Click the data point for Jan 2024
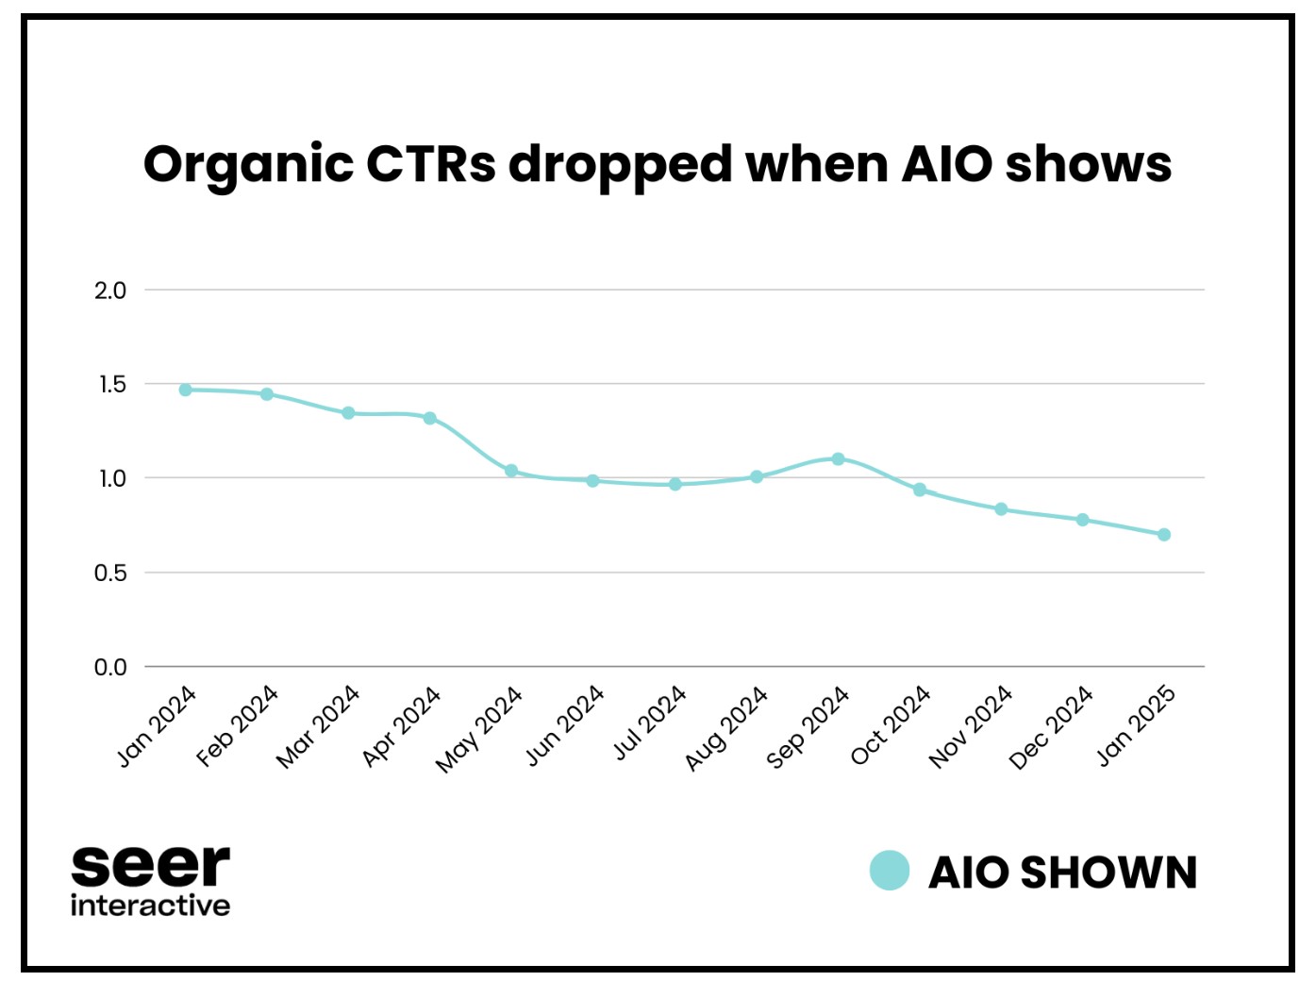pos(186,390)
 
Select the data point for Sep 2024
pos(838,459)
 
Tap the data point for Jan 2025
pos(1164,535)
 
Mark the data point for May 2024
pos(511,471)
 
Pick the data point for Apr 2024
pos(430,418)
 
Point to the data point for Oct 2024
pos(920,490)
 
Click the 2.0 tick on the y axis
pos(110,291)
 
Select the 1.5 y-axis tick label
pos(111,385)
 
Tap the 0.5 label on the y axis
pos(110,574)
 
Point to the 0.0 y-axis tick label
pos(110,668)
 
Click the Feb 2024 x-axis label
pos(238,725)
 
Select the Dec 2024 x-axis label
pos(1051,727)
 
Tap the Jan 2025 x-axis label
pos(1136,725)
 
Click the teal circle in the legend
pos(890,871)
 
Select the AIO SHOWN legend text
pos(1062,873)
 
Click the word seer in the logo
pos(150,865)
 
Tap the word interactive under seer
pos(150,906)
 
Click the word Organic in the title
pos(248,166)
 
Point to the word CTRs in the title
pos(430,164)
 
